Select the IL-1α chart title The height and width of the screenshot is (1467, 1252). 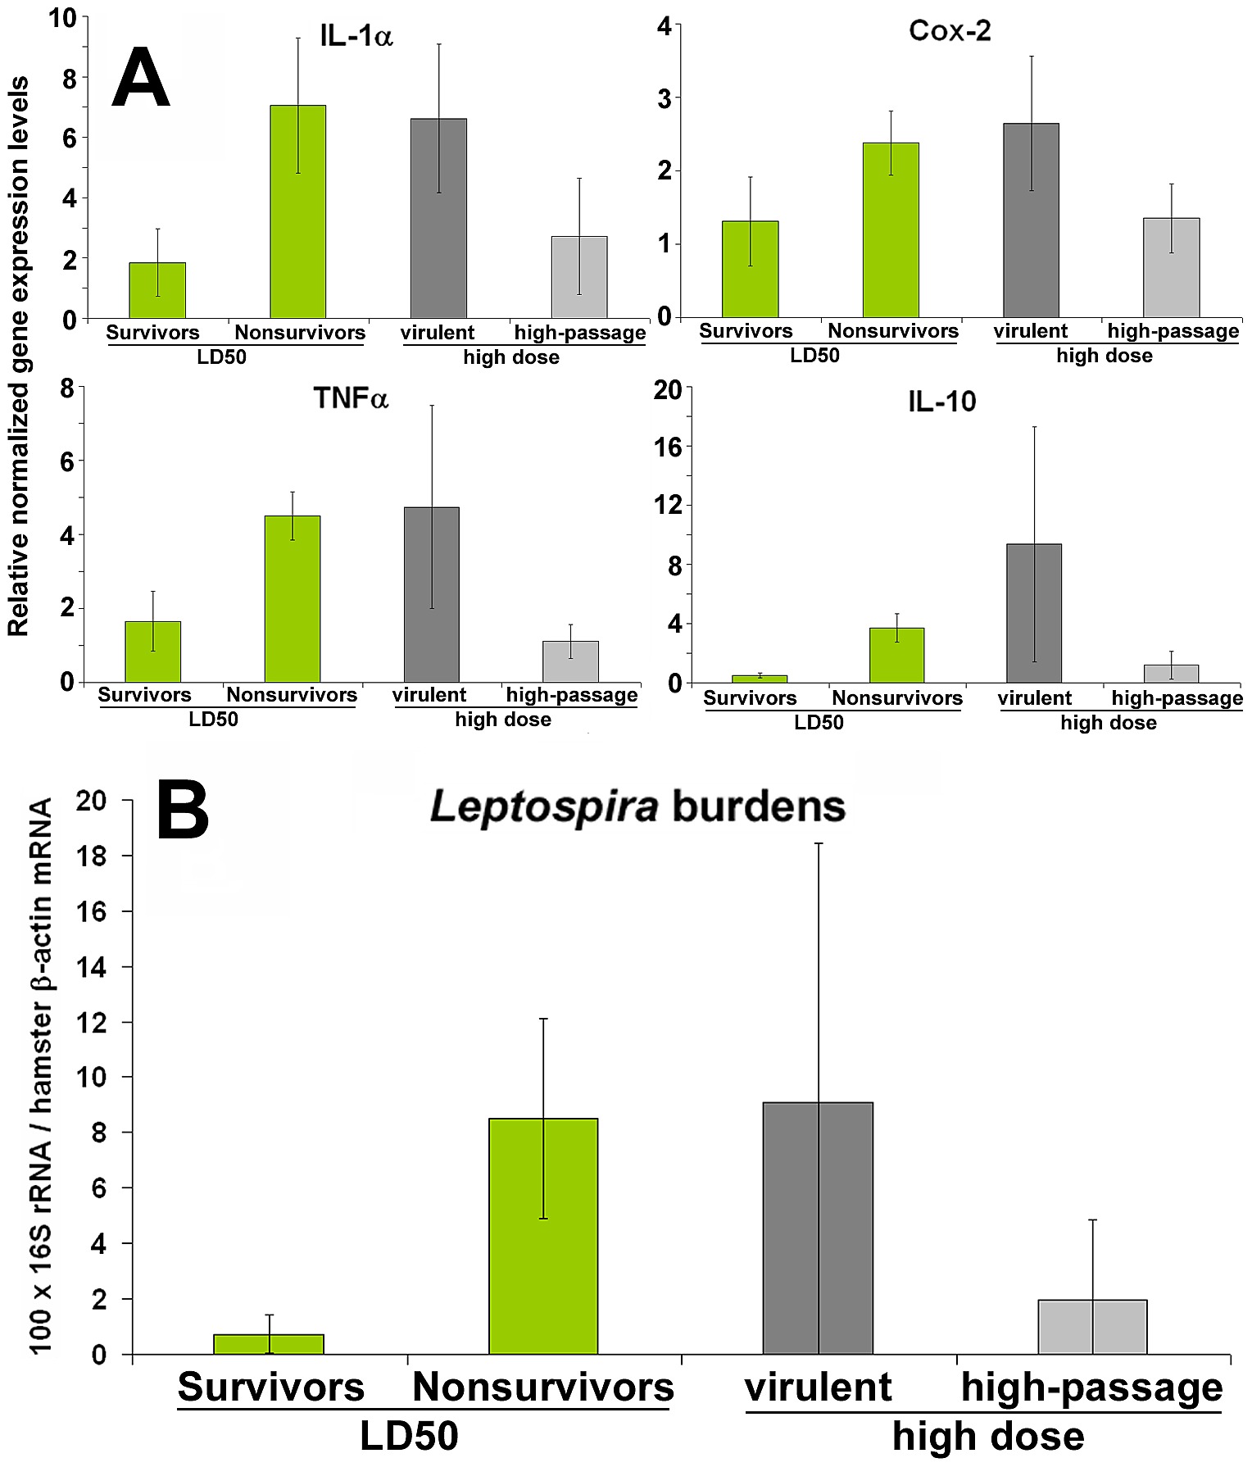(356, 37)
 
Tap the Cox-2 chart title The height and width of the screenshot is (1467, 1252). (950, 31)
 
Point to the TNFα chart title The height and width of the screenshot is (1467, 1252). (351, 398)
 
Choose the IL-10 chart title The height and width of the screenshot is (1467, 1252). (942, 402)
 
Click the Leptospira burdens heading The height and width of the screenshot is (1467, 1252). (637, 807)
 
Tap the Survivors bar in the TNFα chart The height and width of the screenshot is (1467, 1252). (153, 652)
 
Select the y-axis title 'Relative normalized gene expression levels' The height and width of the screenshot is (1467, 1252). (18, 357)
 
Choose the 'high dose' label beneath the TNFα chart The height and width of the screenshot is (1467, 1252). (503, 720)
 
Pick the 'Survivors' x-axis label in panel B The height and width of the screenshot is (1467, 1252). (270, 1387)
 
